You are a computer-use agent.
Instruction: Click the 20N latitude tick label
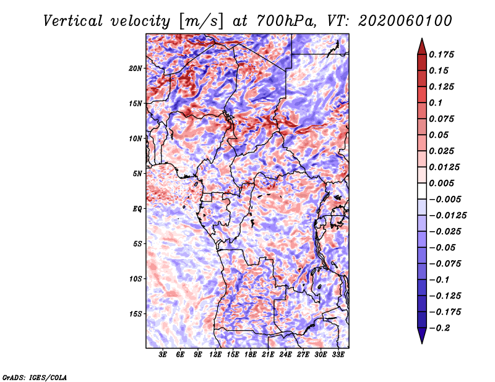pyautogui.click(x=136, y=68)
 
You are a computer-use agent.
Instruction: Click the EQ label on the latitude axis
pyautogui.click(x=137, y=209)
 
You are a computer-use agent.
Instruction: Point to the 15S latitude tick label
pyautogui.click(x=136, y=314)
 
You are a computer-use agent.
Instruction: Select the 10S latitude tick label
pyautogui.click(x=136, y=279)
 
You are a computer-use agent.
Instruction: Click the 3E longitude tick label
pyautogui.click(x=163, y=355)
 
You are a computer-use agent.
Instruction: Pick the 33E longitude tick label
pyautogui.click(x=338, y=355)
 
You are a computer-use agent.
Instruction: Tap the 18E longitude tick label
pyautogui.click(x=251, y=355)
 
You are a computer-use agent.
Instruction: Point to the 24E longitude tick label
pyautogui.click(x=285, y=355)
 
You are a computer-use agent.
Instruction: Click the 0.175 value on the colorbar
pyautogui.click(x=443, y=54)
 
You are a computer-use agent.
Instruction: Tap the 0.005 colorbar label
pyautogui.click(x=443, y=183)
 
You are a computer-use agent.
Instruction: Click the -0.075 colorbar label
pyautogui.click(x=445, y=263)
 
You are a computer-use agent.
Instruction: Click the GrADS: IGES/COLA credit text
pyautogui.click(x=34, y=376)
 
